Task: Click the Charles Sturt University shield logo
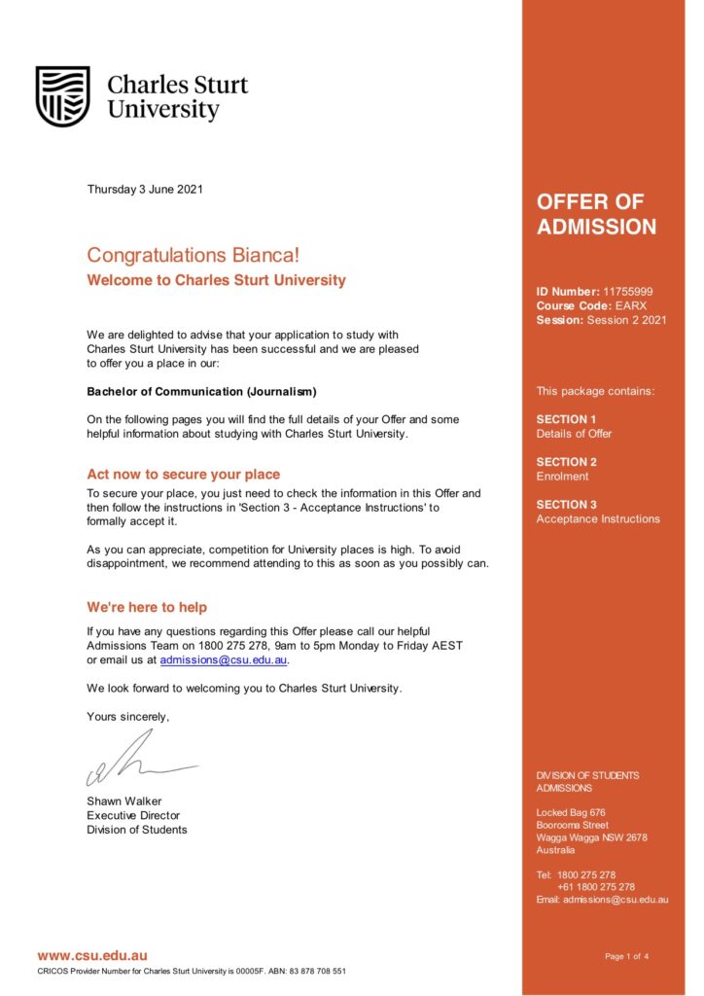(63, 96)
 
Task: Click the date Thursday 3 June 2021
(145, 190)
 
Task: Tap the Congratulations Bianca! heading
(194, 256)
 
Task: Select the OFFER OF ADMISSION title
(596, 215)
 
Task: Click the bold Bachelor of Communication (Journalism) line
(201, 392)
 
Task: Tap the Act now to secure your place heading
(183, 475)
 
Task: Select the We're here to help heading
(147, 608)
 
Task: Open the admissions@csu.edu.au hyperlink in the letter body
(224, 660)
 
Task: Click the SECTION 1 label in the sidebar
(567, 419)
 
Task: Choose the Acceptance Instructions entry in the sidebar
(598, 519)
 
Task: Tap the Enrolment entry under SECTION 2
(562, 477)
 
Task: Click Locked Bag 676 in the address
(571, 813)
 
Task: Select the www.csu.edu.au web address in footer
(92, 956)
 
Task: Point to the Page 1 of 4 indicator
(626, 957)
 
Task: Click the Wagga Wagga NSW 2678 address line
(591, 837)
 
